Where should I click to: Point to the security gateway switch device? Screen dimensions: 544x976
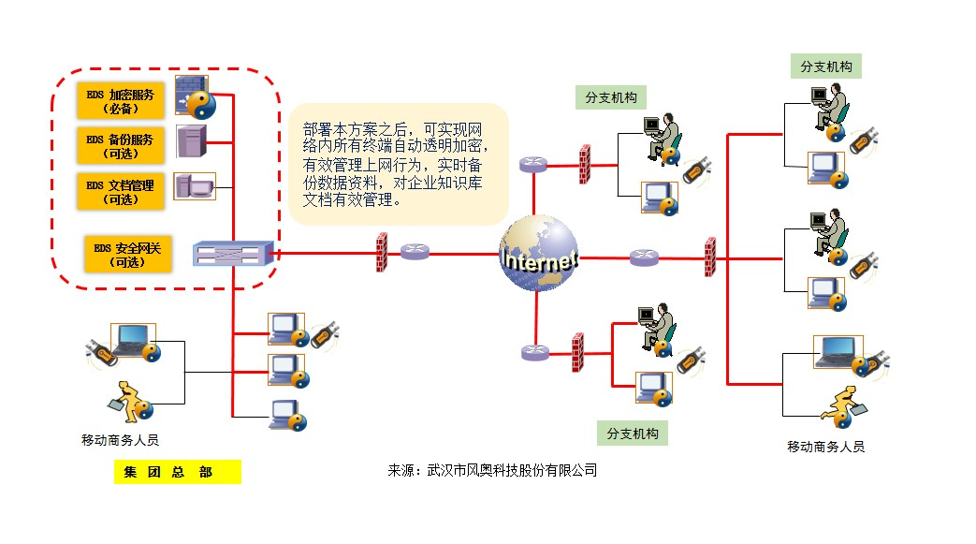[233, 253]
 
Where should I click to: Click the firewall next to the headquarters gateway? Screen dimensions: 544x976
[382, 252]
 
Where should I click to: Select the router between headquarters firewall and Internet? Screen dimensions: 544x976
[415, 252]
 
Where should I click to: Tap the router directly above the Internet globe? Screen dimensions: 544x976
[534, 164]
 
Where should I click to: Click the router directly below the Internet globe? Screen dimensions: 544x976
[534, 353]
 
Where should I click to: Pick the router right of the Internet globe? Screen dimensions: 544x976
[644, 257]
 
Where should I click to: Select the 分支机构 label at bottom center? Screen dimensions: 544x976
[633, 434]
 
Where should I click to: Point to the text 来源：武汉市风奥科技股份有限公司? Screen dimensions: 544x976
[492, 470]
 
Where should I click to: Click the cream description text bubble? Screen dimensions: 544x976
[399, 164]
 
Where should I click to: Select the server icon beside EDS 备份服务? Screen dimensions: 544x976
[190, 142]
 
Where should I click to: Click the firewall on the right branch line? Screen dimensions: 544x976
[710, 257]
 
